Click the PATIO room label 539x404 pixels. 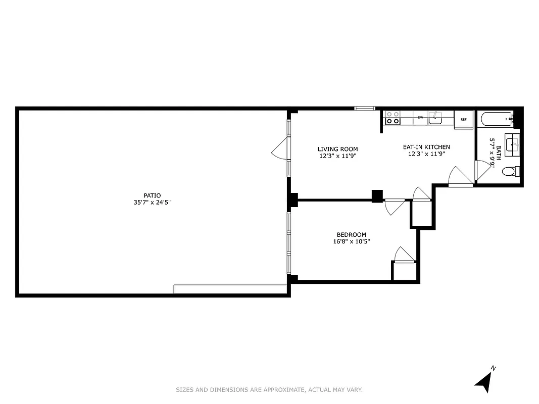click(x=152, y=195)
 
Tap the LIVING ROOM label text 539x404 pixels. click(x=337, y=149)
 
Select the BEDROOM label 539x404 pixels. click(x=351, y=234)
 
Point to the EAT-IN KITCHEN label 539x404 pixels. click(x=426, y=147)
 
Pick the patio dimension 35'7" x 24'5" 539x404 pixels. click(x=152, y=203)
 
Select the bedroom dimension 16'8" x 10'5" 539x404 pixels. click(x=351, y=241)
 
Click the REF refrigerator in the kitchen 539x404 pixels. click(x=463, y=120)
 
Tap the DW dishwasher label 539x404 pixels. click(x=420, y=118)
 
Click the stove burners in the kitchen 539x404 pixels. click(x=393, y=118)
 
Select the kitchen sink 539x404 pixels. click(x=435, y=118)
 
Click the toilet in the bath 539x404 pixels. click(x=509, y=172)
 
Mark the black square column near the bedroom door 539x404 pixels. click(x=377, y=196)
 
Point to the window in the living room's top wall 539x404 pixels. click(x=364, y=108)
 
